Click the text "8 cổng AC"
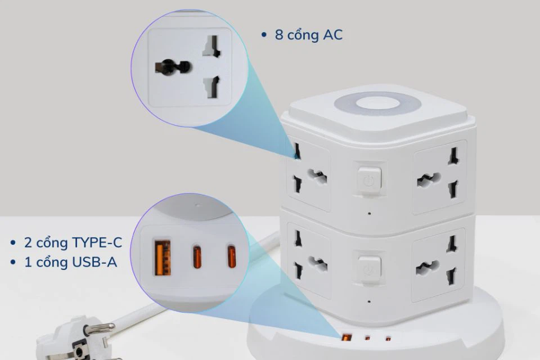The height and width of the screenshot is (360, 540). pos(309,35)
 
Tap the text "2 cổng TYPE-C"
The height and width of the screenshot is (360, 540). pos(73,243)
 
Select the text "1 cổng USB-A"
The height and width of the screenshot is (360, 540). pos(71,263)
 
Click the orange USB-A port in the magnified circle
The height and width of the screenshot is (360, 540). pos(163,258)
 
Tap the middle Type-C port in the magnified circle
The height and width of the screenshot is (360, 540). pos(197,257)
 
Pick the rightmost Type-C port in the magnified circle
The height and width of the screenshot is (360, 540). pos(232,256)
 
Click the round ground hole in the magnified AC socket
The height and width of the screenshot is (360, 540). pos(172,67)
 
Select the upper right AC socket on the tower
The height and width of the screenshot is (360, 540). pos(439,177)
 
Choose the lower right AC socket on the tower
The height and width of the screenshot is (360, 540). pos(438,264)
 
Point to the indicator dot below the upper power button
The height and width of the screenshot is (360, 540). pos(370,214)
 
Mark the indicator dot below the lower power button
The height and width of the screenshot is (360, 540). pos(369,301)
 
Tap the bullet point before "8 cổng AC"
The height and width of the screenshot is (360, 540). pos(264,35)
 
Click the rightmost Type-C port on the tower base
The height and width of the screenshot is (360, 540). pos(388,339)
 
